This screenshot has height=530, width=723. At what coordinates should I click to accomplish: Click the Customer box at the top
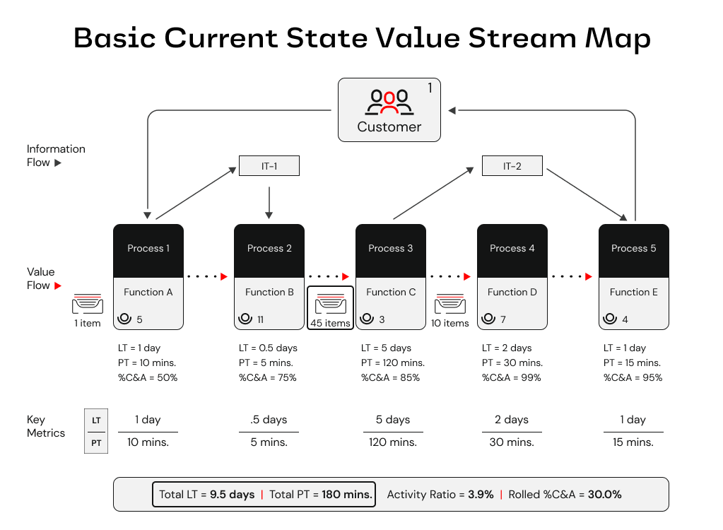[389, 110]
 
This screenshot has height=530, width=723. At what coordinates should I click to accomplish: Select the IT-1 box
[269, 166]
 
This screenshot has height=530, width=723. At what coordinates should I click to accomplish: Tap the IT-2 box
[512, 166]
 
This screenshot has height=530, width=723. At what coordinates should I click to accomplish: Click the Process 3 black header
[391, 249]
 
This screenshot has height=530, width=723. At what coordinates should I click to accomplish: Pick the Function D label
[512, 292]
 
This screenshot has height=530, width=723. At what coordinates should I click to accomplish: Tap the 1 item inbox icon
[88, 305]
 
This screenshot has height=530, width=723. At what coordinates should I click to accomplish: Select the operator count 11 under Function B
[260, 319]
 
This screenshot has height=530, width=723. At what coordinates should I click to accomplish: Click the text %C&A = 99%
[512, 377]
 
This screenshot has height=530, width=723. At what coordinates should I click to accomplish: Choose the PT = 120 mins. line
[392, 363]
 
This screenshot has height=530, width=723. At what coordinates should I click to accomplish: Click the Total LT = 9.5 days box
[264, 495]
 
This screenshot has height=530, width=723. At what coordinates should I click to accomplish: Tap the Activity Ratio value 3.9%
[481, 495]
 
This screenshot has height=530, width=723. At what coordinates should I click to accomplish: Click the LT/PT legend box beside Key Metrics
[96, 431]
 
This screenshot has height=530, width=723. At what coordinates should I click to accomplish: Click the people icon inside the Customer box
[389, 101]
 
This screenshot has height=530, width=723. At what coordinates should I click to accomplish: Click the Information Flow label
[56, 155]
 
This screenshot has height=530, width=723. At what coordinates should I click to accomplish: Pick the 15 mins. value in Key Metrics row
[633, 442]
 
